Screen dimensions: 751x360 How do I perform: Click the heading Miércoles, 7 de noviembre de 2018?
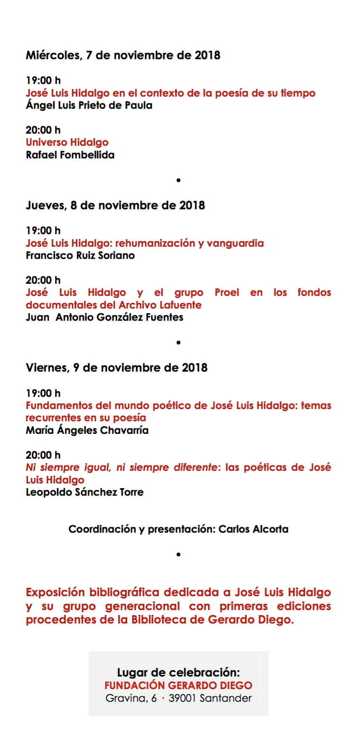123,55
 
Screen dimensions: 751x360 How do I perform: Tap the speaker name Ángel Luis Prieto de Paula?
89,105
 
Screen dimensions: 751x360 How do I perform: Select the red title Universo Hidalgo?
67,143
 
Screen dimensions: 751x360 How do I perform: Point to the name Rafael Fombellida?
70,155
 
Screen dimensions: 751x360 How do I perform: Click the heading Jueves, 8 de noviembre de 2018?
115,205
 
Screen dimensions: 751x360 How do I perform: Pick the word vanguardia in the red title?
235,243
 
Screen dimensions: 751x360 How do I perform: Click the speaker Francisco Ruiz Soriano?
80,256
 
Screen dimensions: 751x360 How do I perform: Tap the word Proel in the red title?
227,293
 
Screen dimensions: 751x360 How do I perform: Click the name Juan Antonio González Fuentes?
104,317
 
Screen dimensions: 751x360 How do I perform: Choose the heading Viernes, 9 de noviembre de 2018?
116,368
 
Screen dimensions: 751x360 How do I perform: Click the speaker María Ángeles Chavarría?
87,430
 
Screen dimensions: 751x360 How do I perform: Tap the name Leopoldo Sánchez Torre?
85,492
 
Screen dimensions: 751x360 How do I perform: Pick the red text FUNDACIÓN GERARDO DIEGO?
178,685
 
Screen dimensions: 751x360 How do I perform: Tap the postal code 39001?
182,698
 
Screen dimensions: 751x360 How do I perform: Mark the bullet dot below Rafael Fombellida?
178,180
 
